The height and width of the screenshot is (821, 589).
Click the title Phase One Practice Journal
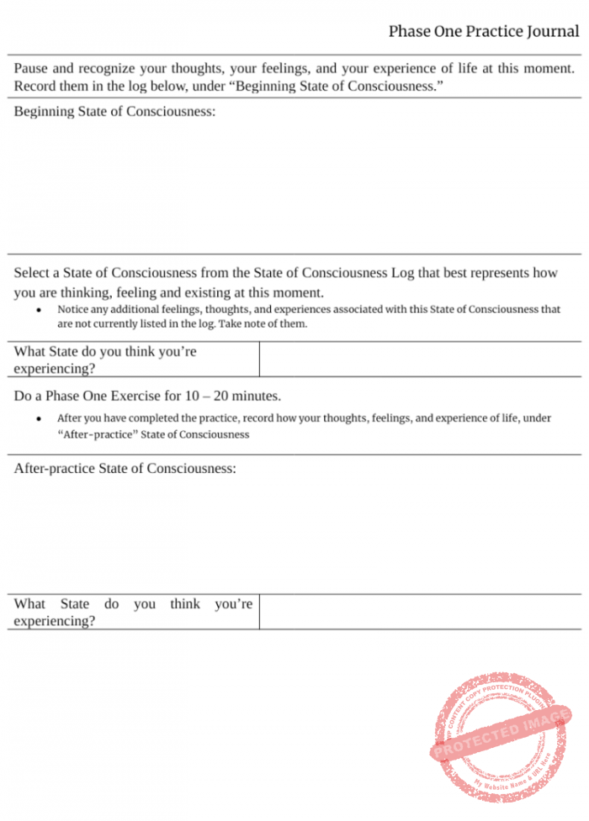[483, 32]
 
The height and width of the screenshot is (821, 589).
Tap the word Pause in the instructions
[31, 68]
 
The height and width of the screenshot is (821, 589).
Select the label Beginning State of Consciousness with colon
[114, 112]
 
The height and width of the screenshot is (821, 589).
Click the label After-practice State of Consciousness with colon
[125, 468]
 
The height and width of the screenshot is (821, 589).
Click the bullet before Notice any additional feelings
[40, 310]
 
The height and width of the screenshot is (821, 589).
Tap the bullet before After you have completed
[40, 418]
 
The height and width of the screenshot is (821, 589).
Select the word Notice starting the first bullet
[73, 309]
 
